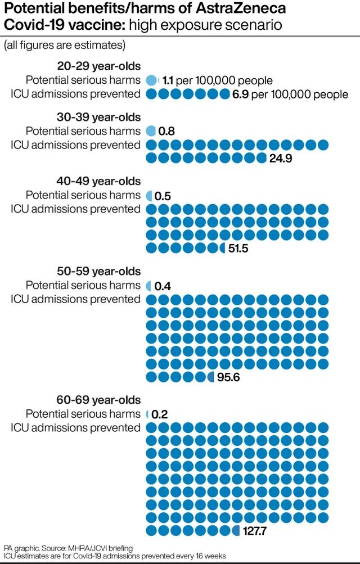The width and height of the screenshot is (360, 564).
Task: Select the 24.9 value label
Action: (x=281, y=159)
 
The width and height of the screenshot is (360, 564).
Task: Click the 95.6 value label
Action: (x=228, y=377)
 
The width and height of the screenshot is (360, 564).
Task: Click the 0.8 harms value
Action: (x=166, y=132)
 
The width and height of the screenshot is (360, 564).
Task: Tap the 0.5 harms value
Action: (x=163, y=196)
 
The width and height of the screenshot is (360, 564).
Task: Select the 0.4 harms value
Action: (x=163, y=286)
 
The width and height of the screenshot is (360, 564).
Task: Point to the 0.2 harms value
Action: (x=160, y=414)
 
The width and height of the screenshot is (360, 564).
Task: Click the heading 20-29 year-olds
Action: (x=99, y=66)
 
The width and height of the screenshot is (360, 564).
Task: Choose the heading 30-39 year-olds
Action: (x=99, y=118)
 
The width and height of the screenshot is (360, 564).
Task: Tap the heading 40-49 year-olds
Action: (x=99, y=182)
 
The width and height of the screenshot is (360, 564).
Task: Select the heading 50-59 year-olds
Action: (x=99, y=272)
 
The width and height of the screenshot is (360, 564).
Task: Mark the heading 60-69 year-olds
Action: (x=99, y=400)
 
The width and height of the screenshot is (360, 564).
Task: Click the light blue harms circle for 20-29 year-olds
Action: (x=151, y=80)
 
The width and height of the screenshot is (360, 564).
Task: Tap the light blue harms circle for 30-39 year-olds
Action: (x=151, y=131)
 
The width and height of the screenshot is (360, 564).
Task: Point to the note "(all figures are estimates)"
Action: (x=65, y=45)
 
